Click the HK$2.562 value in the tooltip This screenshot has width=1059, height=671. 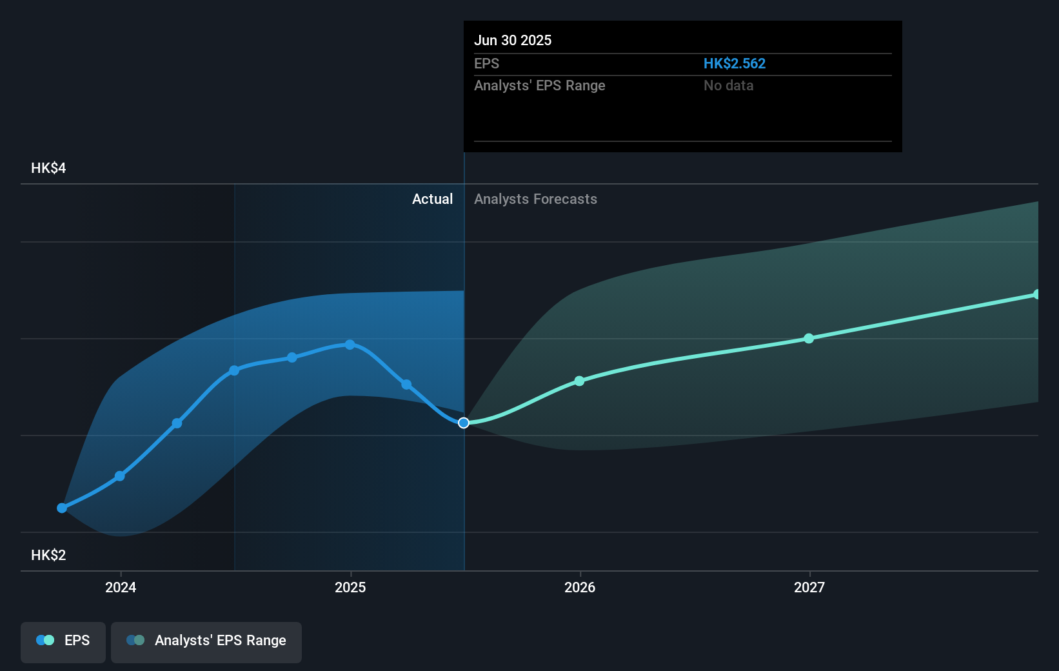point(734,63)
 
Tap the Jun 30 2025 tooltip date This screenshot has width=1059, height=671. point(513,40)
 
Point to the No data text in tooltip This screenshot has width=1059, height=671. point(728,85)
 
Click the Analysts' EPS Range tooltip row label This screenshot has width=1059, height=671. point(539,85)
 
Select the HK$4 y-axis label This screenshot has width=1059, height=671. point(48,168)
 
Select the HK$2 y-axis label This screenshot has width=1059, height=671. point(48,555)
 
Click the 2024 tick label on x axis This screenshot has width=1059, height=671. point(121,587)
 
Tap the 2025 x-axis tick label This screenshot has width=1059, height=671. point(350,587)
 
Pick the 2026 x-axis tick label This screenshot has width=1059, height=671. point(580,587)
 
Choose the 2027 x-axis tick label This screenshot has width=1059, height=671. point(809,587)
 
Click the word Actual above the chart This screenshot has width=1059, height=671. point(432,199)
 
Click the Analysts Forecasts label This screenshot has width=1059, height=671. point(535,199)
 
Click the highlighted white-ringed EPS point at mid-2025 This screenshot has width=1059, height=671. point(464,423)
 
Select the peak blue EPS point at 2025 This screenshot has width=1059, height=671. point(350,345)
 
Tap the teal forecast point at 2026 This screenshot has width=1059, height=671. point(579,381)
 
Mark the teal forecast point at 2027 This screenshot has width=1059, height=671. point(809,338)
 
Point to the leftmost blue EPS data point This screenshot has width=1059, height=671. point(62,508)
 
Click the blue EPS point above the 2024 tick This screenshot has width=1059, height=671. point(120,476)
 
